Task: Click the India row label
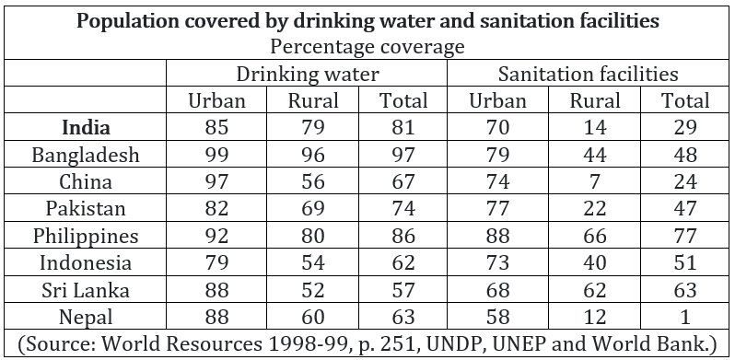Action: [87, 128]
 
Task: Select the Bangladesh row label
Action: [86, 155]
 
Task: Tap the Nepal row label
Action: [86, 318]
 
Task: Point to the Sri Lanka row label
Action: [86, 290]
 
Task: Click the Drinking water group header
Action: [307, 74]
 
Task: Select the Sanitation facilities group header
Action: [588, 74]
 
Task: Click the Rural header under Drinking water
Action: [312, 100]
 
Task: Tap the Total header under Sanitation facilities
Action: [685, 100]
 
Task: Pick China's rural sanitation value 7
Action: [595, 182]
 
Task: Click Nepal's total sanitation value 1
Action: [685, 318]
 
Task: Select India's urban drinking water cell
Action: [216, 128]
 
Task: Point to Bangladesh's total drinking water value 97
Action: [403, 155]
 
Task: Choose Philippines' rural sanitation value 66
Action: [595, 236]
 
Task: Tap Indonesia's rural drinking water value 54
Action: [312, 263]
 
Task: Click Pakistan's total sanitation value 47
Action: [685, 209]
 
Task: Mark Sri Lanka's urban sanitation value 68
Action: [497, 290]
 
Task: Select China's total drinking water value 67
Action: [403, 182]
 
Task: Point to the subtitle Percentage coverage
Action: [367, 47]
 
